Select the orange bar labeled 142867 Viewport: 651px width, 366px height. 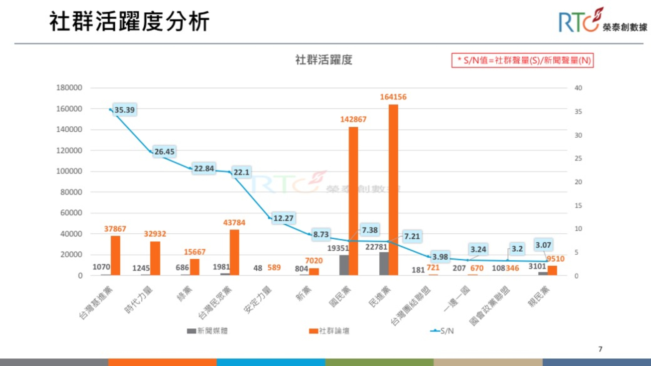[x=353, y=201]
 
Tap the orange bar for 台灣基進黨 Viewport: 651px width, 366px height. [x=115, y=255]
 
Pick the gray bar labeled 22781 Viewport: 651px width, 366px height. [x=384, y=263]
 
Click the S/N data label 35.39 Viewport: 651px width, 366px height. [x=124, y=110]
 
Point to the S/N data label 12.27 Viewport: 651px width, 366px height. [x=283, y=218]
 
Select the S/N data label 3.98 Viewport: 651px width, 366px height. [x=440, y=257]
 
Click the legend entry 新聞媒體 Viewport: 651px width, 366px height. [x=208, y=331]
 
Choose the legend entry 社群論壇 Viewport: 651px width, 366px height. [x=329, y=331]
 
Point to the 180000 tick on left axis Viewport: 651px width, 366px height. [x=69, y=88]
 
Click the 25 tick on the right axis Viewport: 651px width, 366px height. [x=578, y=158]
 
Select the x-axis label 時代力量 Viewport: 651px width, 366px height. [x=139, y=300]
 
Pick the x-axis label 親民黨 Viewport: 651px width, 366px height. [x=539, y=297]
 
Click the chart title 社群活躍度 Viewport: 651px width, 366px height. [x=324, y=60]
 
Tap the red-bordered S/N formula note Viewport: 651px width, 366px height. [x=522, y=60]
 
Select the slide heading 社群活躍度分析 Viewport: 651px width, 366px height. [x=129, y=21]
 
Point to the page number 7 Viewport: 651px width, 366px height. [x=600, y=349]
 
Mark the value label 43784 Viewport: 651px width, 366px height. [x=234, y=222]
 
